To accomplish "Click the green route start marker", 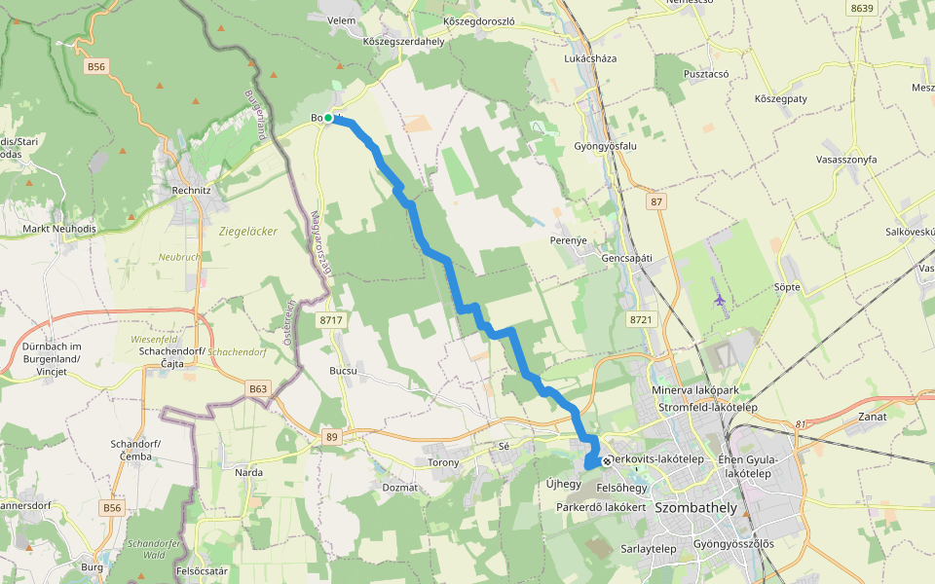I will pyautogui.click(x=328, y=118).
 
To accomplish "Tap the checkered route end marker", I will pyautogui.click(x=607, y=460).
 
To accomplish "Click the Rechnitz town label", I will pyautogui.click(x=191, y=191).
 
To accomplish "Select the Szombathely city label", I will pyautogui.click(x=697, y=508).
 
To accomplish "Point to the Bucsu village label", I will pyautogui.click(x=343, y=371).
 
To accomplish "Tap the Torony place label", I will pyautogui.click(x=443, y=462).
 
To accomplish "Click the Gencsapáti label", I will pyautogui.click(x=626, y=258).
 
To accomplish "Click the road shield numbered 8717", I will pyautogui.click(x=331, y=319).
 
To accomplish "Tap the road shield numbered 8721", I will pyautogui.click(x=640, y=319).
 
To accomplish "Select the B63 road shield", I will pyautogui.click(x=258, y=389).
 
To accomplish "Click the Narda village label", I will pyautogui.click(x=249, y=472).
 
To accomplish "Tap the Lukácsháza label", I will pyautogui.click(x=590, y=58).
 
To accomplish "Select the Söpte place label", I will pyautogui.click(x=786, y=287).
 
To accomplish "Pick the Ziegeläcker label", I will pyautogui.click(x=248, y=232).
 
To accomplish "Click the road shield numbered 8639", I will pyautogui.click(x=861, y=9).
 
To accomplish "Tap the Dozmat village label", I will pyautogui.click(x=400, y=487).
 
